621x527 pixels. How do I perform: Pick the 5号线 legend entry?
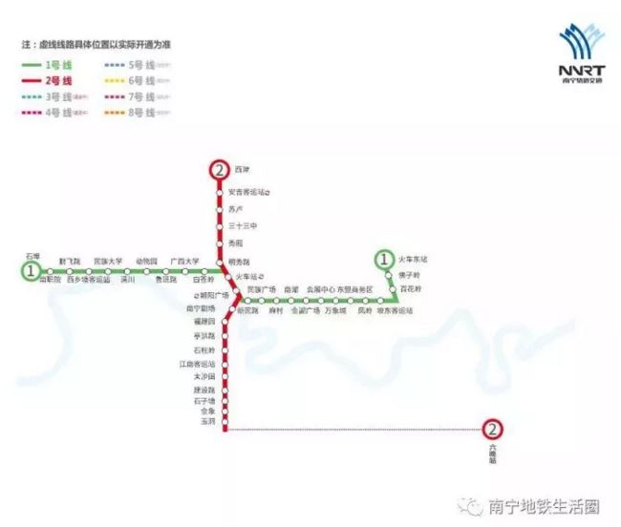click(x=131, y=64)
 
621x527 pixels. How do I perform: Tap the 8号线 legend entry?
click(x=131, y=113)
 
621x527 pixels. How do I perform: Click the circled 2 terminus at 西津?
click(x=220, y=170)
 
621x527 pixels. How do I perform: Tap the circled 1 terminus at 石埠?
click(x=32, y=271)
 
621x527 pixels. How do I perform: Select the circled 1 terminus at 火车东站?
click(x=384, y=259)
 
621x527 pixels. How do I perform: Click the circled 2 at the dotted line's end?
click(x=493, y=431)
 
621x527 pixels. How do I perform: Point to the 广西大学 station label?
click(x=184, y=261)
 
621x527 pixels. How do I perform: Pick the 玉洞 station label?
click(x=208, y=421)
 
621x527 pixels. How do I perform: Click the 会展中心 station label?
click(x=320, y=288)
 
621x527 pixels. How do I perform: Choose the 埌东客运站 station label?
click(x=394, y=311)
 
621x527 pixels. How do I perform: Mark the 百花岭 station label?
click(x=410, y=287)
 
